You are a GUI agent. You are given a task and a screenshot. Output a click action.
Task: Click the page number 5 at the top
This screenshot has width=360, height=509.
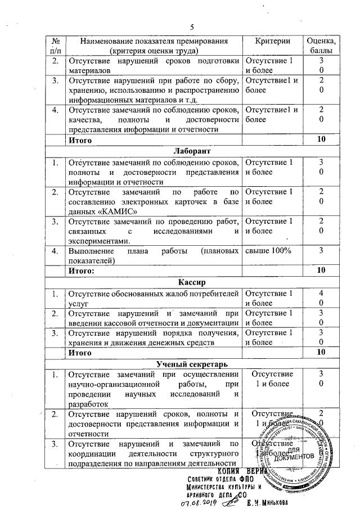pyautogui.click(x=191, y=28)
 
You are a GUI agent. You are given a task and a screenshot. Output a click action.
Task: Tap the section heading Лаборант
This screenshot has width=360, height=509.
pyautogui.click(x=191, y=152)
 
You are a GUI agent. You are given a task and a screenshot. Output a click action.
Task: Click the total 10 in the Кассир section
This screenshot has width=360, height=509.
pyautogui.click(x=321, y=352)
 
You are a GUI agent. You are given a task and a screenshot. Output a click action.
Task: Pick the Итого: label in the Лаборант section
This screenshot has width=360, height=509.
pyautogui.click(x=81, y=271)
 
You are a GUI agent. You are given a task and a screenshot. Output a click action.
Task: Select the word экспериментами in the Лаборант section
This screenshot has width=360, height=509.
pyautogui.click(x=94, y=240)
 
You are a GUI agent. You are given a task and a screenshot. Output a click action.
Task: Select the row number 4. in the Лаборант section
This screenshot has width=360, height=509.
pyautogui.click(x=55, y=251)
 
